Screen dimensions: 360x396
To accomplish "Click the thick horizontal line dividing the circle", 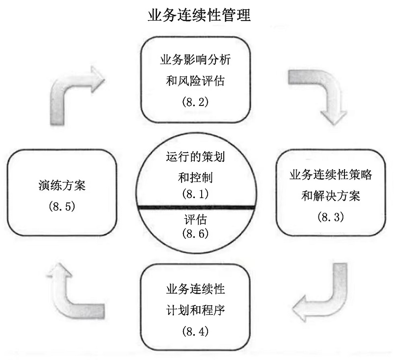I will point(196,208).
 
